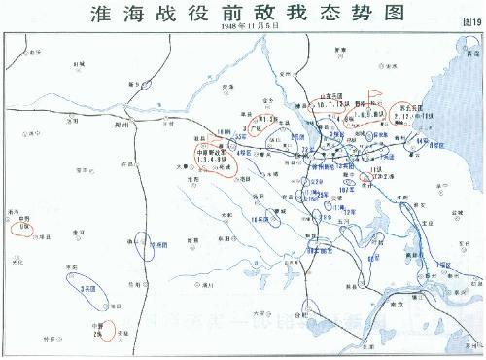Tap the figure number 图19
point(469,20)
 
